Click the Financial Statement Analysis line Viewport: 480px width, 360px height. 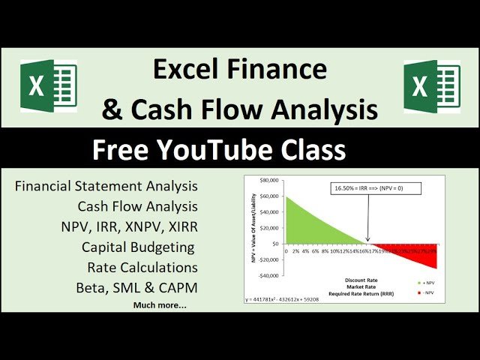(106, 185)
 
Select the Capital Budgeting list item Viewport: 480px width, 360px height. (139, 246)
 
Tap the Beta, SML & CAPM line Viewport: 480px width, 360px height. (136, 287)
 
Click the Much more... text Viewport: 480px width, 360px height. (160, 305)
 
